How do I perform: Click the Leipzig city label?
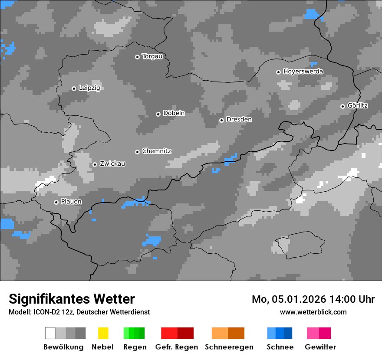[89, 88]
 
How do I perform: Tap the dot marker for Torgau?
[138, 57]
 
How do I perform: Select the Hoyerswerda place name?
[303, 72]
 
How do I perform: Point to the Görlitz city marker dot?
[343, 106]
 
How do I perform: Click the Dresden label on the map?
[239, 120]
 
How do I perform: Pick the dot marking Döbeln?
[158, 114]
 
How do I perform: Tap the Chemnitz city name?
[156, 151]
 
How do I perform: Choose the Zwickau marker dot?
[95, 164]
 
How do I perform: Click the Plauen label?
[71, 202]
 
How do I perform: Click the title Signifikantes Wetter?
[72, 299]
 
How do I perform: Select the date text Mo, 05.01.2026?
[288, 299]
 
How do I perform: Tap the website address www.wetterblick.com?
[313, 312]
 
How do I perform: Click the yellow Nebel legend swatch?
[103, 333]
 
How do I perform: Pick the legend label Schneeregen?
[229, 347]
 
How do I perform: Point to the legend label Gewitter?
[320, 347]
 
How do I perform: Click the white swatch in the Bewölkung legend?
[50, 333]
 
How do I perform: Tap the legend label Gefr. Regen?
[177, 347]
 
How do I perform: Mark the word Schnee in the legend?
[280, 347]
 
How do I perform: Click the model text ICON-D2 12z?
[51, 312]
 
